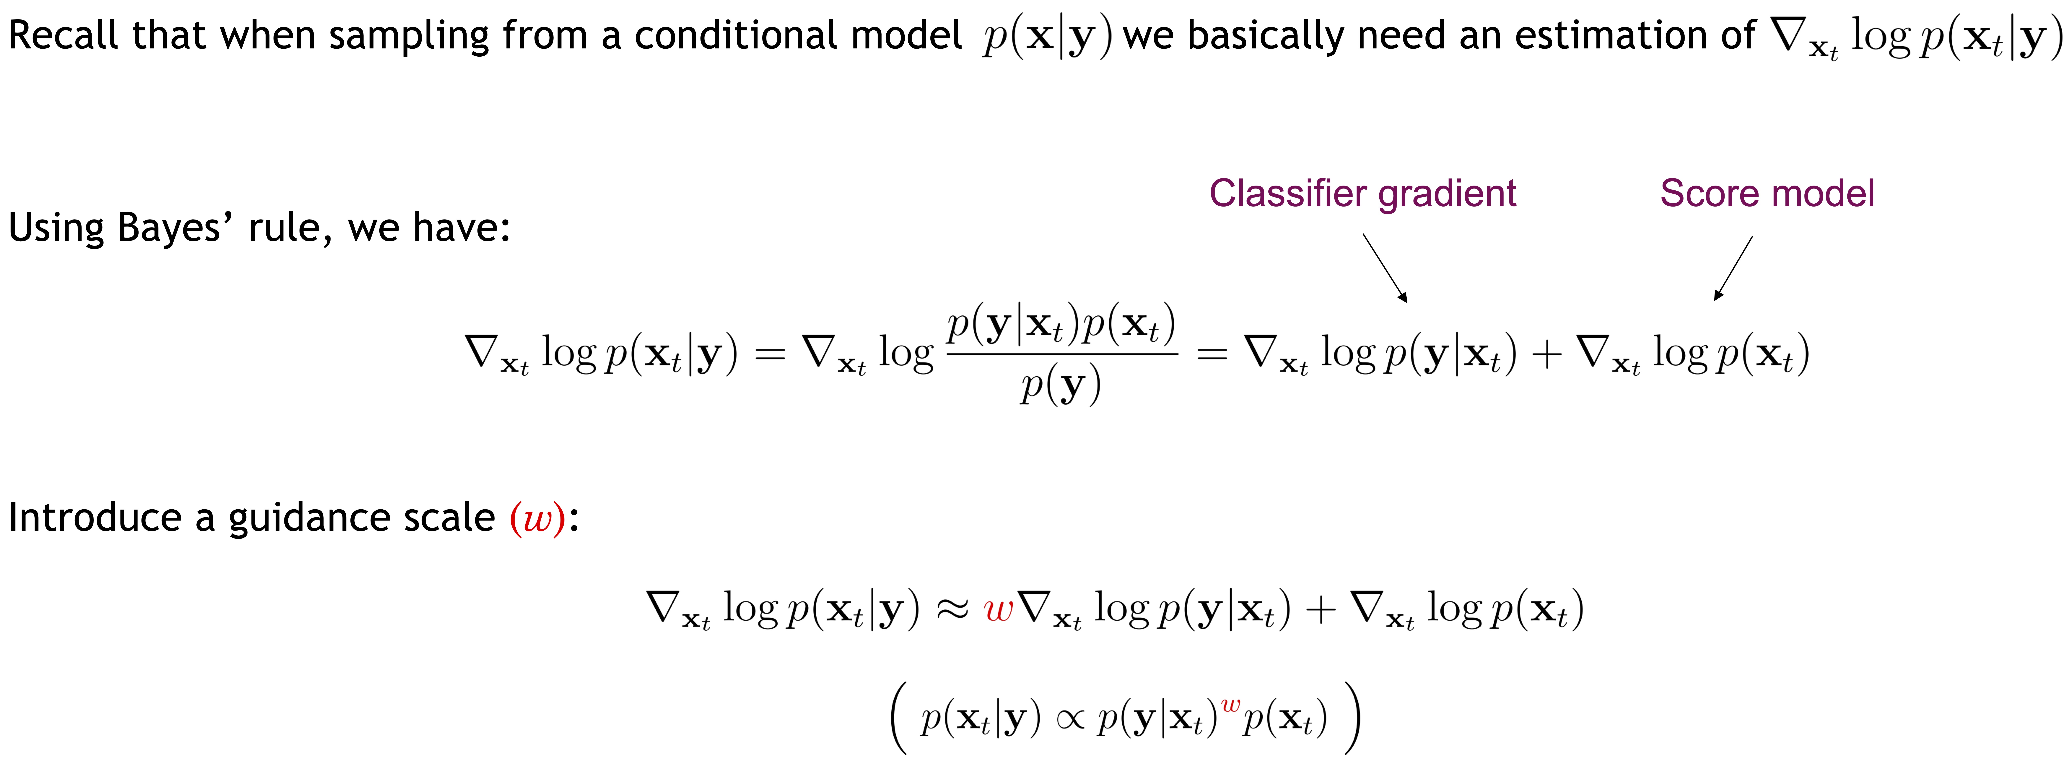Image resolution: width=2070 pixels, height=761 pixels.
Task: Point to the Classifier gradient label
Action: tap(1363, 194)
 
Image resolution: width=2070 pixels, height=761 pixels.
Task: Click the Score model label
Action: tap(1767, 194)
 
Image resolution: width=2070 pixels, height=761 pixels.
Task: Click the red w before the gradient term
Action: tap(998, 611)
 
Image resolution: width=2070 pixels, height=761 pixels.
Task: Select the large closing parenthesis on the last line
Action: tap(1353, 718)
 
